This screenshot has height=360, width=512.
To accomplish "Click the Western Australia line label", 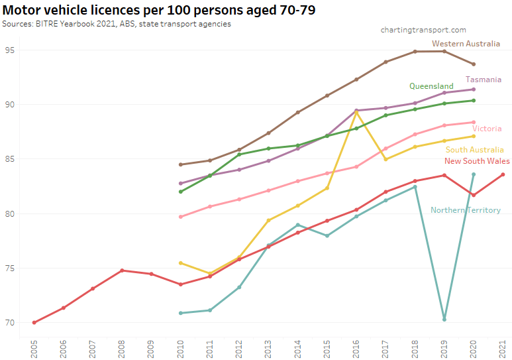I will coord(466,44).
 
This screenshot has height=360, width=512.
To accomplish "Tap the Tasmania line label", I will coord(484,80).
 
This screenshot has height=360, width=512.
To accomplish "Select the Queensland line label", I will coord(431,86).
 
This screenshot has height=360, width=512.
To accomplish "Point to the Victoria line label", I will coord(487,129).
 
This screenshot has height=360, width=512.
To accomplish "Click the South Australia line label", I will coord(474,150).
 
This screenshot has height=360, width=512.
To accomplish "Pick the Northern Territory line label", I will coord(465,210).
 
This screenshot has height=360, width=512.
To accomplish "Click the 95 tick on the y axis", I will coord(11,50).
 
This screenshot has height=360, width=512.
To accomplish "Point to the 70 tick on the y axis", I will coord(11,323).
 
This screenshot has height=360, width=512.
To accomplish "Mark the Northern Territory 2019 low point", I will coord(444,320).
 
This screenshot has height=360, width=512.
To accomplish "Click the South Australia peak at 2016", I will coord(356,111).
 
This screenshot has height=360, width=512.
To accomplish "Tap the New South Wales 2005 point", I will coord(34,323).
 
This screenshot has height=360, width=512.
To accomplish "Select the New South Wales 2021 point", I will coord(503,174).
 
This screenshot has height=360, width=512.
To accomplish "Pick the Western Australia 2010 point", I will coord(181,164).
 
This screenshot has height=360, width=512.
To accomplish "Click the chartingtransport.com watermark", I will coord(423,30).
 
